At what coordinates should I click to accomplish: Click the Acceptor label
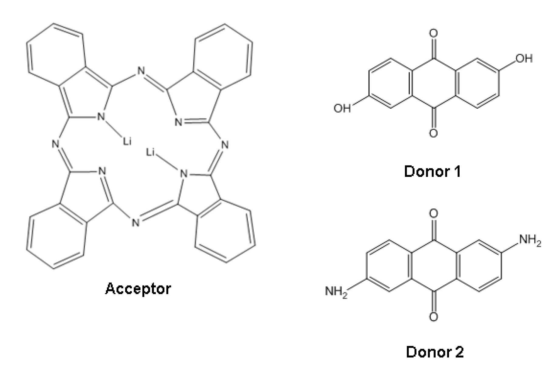click(138, 289)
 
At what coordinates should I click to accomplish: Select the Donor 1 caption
click(432, 172)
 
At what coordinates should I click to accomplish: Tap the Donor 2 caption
click(435, 352)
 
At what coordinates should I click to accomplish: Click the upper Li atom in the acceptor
click(127, 141)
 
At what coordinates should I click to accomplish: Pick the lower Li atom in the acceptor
click(150, 152)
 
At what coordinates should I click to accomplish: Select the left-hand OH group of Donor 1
click(342, 108)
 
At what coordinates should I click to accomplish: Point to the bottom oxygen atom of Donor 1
click(434, 133)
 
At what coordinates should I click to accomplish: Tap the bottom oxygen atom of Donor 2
click(434, 317)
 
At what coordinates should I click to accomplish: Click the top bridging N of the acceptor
click(141, 71)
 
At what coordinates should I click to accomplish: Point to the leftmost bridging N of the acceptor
click(55, 144)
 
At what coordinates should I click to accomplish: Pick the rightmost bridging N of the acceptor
click(225, 145)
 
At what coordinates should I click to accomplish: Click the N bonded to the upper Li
click(101, 117)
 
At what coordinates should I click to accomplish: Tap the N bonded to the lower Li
click(183, 174)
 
